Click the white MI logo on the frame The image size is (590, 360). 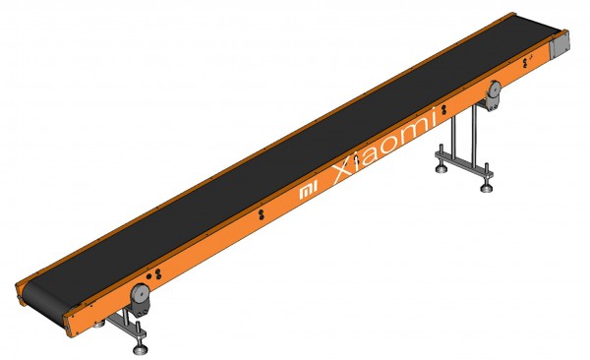pyautogui.click(x=309, y=190)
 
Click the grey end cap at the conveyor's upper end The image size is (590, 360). pyautogui.click(x=560, y=45)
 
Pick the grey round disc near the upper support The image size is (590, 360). pyautogui.click(x=494, y=90)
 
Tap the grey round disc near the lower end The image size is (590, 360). pyautogui.click(x=140, y=292)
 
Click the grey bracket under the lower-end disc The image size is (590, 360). pyautogui.click(x=142, y=308)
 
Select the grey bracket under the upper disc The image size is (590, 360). pyautogui.click(x=493, y=102)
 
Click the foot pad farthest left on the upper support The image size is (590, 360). pyautogui.click(x=441, y=169)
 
